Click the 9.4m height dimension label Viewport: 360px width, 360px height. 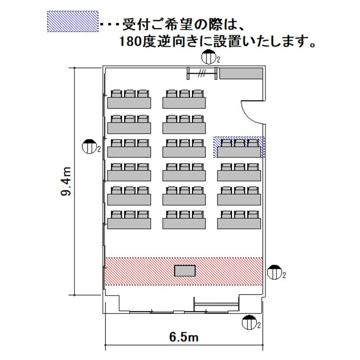[x=66, y=181]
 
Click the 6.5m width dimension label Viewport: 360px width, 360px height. [x=184, y=337]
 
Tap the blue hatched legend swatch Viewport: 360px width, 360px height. [x=73, y=21]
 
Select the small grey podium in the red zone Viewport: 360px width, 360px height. [x=185, y=270]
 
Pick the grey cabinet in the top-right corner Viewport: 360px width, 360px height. [x=241, y=74]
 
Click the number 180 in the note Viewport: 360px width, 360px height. [x=130, y=42]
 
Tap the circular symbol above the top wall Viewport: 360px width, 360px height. [x=209, y=57]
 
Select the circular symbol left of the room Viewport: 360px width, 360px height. [x=90, y=146]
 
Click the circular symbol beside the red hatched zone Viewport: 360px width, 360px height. [x=275, y=272]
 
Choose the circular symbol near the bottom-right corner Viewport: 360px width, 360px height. [x=249, y=322]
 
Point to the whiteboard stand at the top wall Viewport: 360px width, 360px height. [x=202, y=73]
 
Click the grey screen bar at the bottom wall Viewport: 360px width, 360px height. [x=217, y=305]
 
